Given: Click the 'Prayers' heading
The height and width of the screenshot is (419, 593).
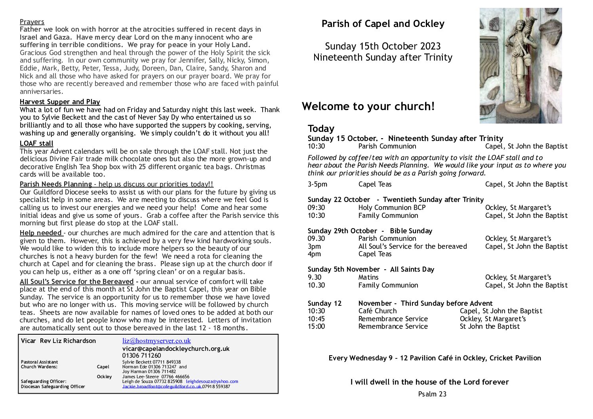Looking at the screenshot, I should coord(32,22).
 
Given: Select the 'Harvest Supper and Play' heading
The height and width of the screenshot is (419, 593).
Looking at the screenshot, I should coord(60,102).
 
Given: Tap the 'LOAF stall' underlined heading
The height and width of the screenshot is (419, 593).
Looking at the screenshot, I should coord(36,143).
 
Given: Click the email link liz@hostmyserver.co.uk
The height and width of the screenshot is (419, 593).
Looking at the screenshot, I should coord(156,341).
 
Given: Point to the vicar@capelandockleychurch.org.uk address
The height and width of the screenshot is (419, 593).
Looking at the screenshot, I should coord(176,349).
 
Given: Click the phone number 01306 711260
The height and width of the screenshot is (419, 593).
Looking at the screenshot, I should coord(142,356).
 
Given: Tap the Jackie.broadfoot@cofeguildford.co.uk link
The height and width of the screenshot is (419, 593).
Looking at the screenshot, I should coord(162,387).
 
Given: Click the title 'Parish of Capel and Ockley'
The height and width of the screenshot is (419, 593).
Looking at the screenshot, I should coord(383,24).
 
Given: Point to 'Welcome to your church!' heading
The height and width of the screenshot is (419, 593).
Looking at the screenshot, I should coord(368,107).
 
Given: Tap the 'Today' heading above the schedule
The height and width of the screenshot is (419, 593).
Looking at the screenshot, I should coord(321,129).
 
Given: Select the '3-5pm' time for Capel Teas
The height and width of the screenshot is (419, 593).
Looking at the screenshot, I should coord(317,184).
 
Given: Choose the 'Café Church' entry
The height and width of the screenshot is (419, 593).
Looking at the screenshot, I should coord(377,311).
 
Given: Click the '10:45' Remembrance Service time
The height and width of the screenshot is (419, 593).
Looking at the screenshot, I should coord(316,319).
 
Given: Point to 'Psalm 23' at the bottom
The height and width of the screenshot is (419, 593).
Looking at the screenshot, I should coord(432,394).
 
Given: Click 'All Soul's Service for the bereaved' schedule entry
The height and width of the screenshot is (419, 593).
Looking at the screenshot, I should coord(412,246).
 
